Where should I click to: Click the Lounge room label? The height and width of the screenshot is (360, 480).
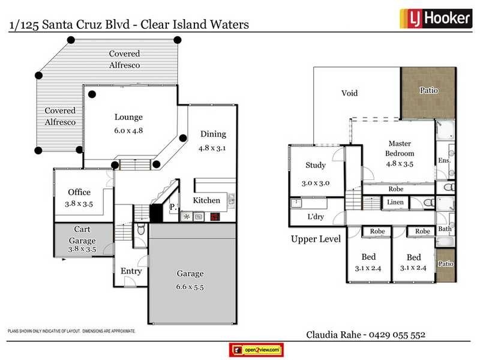tap(128, 118)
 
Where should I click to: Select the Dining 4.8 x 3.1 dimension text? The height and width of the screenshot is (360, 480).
tap(213, 146)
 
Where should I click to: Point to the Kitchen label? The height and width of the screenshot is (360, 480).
tap(206, 200)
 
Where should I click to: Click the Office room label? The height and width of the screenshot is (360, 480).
tap(79, 192)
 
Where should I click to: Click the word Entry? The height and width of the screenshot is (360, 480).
tap(131, 271)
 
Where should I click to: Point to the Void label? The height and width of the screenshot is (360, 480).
tap(349, 93)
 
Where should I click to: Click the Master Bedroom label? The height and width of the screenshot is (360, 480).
tap(400, 148)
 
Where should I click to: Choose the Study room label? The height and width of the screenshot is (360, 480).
tap(316, 166)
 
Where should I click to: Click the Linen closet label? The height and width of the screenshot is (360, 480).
tap(395, 203)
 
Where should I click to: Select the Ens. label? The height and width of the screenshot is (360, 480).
tap(444, 160)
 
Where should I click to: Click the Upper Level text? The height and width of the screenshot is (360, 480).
tap(316, 239)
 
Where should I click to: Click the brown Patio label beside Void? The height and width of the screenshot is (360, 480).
tap(428, 91)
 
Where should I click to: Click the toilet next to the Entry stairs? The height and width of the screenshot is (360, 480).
tap(140, 229)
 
